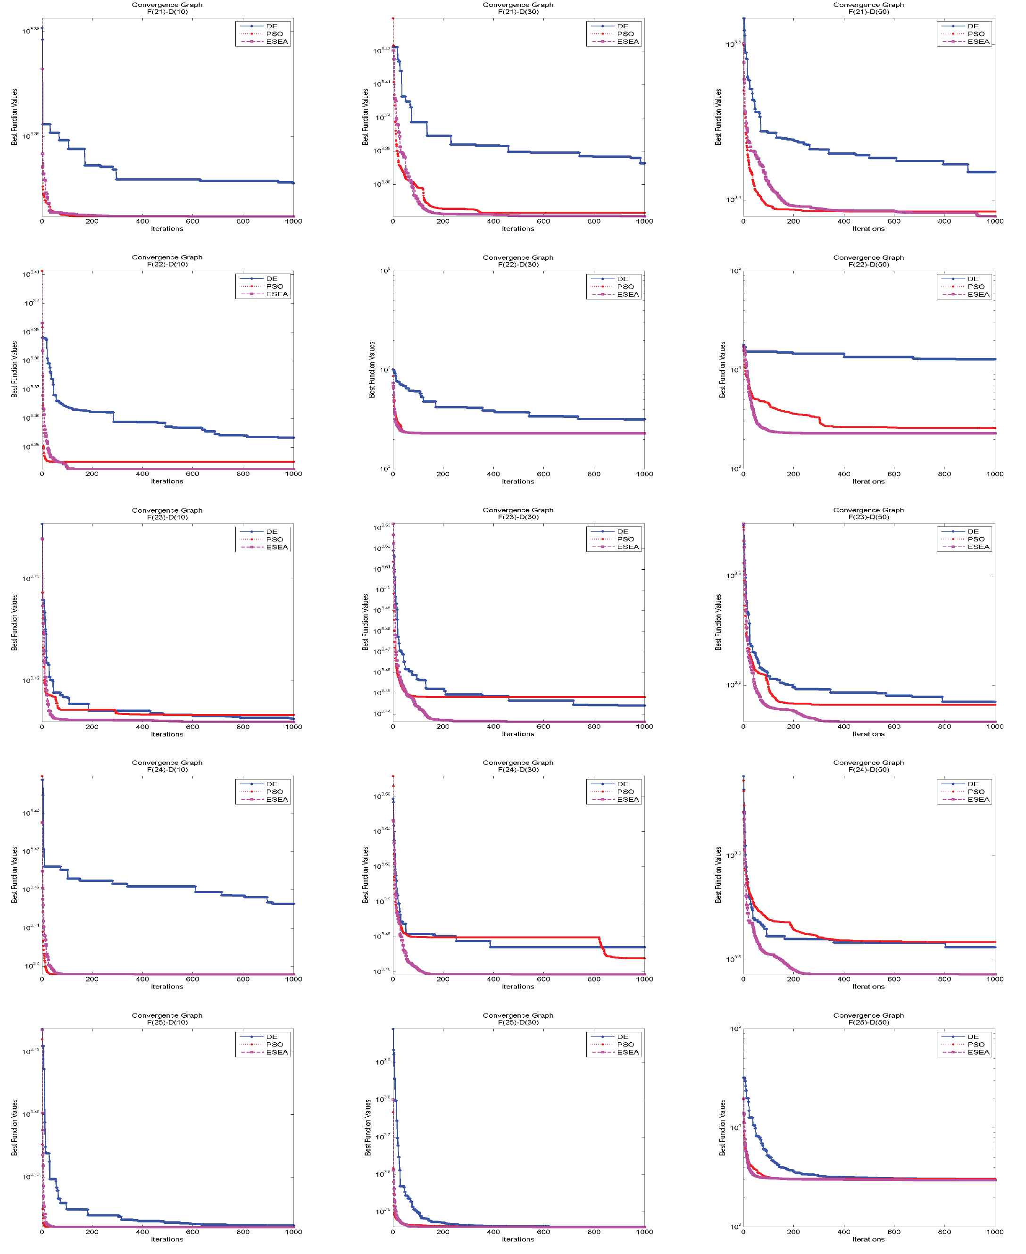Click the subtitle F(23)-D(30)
518,517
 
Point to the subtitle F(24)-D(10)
167,770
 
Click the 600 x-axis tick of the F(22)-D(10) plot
192,473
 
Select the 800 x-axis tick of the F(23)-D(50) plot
944,726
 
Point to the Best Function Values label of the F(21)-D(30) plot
365,117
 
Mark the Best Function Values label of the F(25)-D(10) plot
14,1128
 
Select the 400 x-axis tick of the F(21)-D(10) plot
142,221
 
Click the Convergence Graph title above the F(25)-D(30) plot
518,1015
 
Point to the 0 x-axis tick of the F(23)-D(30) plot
393,726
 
